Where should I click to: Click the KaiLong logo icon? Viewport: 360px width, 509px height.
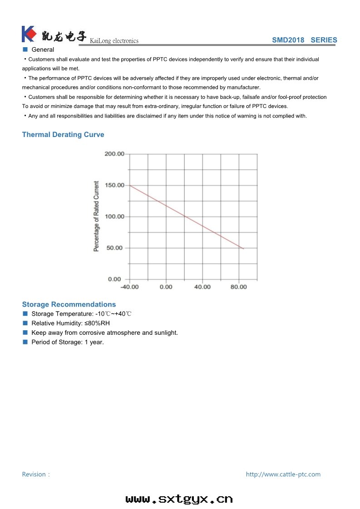29,34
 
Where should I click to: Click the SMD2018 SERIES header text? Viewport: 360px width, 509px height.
304,40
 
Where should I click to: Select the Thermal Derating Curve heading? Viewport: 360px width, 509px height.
63,135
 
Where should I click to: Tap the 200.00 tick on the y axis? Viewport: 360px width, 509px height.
114,154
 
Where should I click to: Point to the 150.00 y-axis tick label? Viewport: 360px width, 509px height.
114,186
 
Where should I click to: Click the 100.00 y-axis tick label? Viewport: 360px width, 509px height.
114,217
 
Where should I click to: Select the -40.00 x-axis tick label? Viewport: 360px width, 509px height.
129,287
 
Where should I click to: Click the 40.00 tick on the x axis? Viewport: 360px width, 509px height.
202,287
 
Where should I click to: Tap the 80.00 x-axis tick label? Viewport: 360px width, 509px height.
239,287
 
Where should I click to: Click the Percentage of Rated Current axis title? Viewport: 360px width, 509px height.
96,216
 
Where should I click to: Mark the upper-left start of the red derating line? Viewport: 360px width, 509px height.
130,186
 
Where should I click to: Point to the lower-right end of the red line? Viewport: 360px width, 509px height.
244,249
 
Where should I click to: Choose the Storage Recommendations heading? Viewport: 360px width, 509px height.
69,304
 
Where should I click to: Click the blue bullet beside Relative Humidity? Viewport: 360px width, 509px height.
25,323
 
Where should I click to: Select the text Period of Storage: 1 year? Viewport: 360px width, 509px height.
68,342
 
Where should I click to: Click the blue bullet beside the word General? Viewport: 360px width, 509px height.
25,49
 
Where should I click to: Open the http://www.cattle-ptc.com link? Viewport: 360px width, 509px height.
283,475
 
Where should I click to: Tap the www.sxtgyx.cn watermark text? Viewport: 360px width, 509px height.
179,499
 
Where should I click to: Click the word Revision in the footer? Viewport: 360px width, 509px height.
34,475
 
